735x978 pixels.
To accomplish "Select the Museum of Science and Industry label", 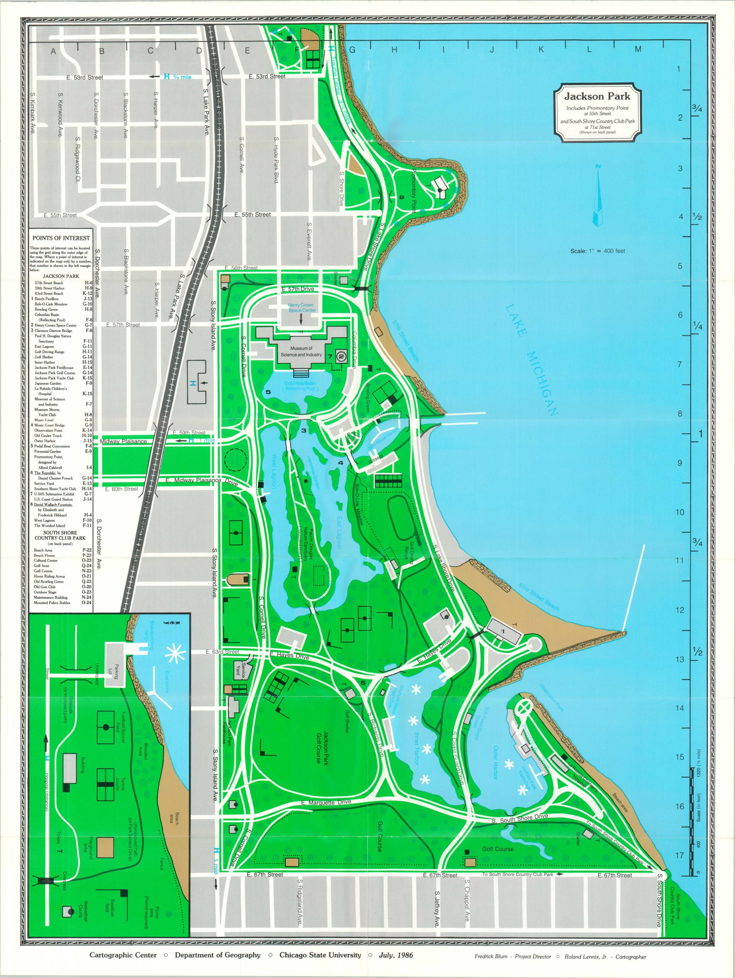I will tap(301, 351).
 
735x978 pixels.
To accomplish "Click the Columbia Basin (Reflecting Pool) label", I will tap(301, 385).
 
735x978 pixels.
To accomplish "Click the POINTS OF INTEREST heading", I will tap(61, 238).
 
